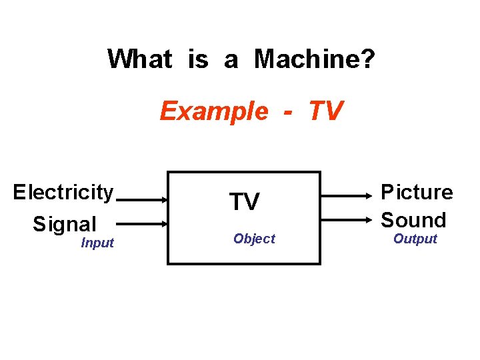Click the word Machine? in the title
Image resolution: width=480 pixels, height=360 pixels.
pyautogui.click(x=315, y=60)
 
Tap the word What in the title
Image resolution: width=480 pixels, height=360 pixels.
pyautogui.click(x=139, y=60)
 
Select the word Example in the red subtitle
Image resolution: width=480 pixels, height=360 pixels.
pyautogui.click(x=213, y=111)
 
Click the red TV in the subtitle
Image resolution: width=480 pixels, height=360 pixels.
pyautogui.click(x=325, y=111)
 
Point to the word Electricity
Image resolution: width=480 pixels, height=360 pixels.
pyautogui.click(x=63, y=193)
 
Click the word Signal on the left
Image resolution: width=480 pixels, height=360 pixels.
pyautogui.click(x=65, y=224)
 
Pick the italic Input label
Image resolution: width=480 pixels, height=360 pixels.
pyautogui.click(x=97, y=243)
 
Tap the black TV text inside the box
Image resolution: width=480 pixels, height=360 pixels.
pyautogui.click(x=244, y=202)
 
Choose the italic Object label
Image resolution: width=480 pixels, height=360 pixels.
pyautogui.click(x=254, y=239)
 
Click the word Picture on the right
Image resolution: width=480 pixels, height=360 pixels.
pyautogui.click(x=417, y=193)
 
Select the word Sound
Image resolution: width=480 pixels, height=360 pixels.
pyautogui.click(x=413, y=220)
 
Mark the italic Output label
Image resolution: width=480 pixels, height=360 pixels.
pyautogui.click(x=415, y=239)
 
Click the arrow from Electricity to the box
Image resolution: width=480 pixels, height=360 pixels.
pyautogui.click(x=142, y=199)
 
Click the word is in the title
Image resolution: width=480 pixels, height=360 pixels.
pyautogui.click(x=198, y=60)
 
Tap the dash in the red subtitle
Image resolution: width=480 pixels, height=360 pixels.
pyautogui.click(x=287, y=111)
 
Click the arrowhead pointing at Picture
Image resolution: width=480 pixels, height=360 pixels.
pyautogui.click(x=371, y=196)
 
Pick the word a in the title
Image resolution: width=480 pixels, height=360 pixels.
pyautogui.click(x=231, y=60)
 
